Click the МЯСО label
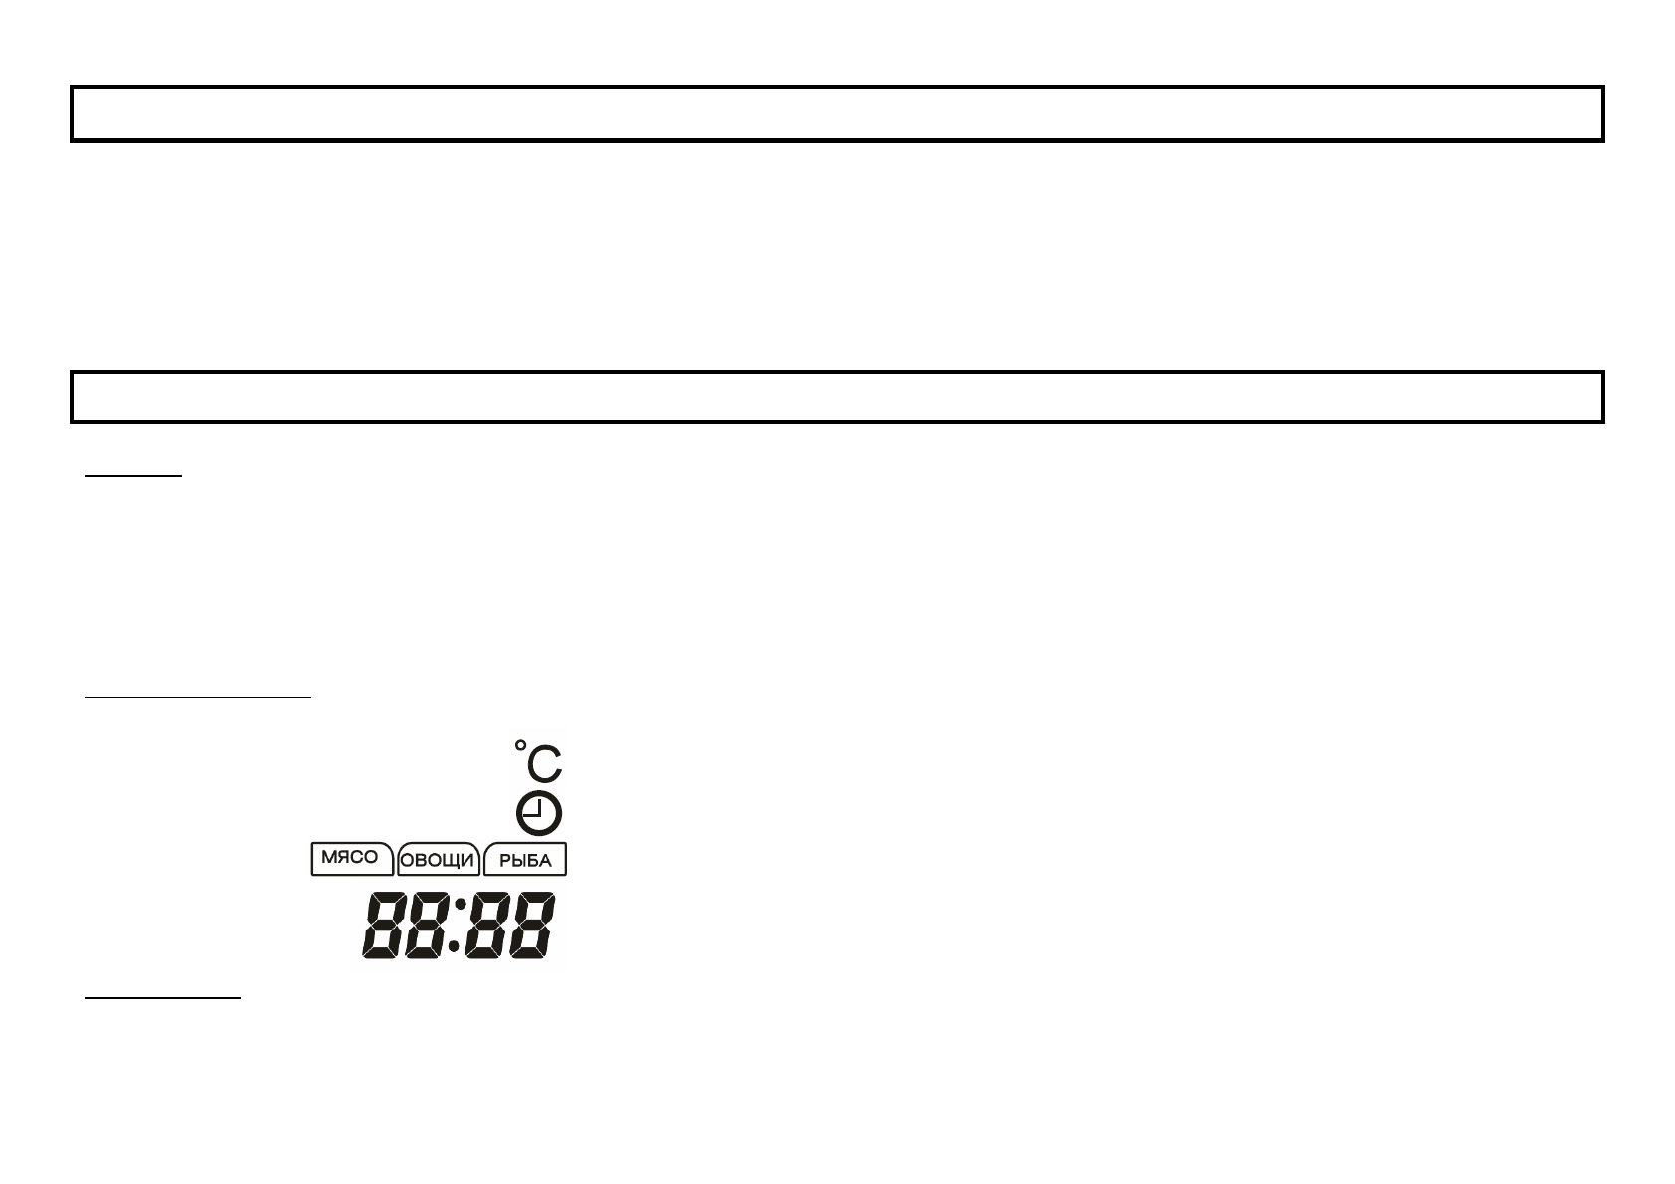click(x=349, y=857)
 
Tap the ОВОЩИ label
click(x=437, y=860)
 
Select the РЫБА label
click(x=525, y=860)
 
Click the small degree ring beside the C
click(x=520, y=746)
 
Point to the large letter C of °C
click(x=544, y=763)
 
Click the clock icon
click(x=538, y=813)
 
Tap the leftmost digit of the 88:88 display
click(x=384, y=926)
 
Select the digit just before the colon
click(x=428, y=926)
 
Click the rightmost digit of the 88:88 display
click(x=532, y=926)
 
